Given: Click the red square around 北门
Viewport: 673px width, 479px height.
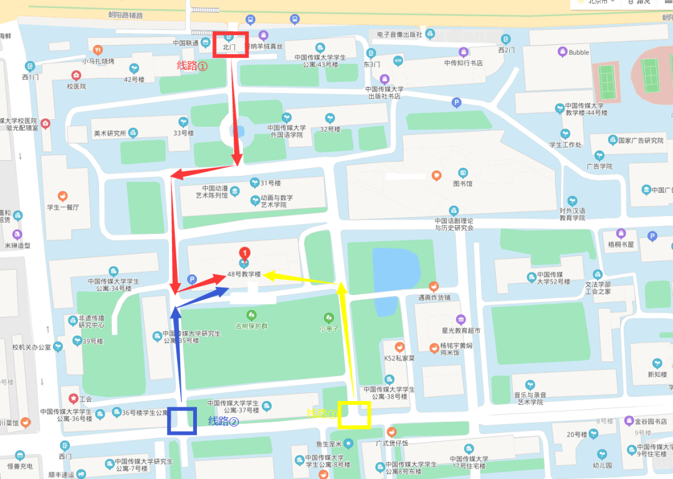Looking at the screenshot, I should (231, 44).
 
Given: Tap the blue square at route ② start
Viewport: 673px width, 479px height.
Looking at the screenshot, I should (182, 420).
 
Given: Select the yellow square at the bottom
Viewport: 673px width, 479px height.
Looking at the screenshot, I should (354, 414).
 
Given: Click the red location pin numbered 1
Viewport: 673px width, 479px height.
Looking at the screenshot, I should (245, 253).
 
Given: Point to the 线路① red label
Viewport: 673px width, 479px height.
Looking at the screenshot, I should (193, 65).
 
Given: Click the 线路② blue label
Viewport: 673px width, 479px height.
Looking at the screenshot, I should (224, 421).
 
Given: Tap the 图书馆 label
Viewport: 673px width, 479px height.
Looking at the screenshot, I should (462, 184).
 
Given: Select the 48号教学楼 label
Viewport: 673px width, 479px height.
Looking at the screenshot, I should (244, 274).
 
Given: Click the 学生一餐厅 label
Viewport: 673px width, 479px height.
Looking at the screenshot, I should (63, 207).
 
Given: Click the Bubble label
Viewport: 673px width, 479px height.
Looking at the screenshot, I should (578, 52).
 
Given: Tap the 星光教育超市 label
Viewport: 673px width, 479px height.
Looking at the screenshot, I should (461, 330).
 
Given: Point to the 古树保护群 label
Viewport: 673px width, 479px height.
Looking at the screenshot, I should (251, 326).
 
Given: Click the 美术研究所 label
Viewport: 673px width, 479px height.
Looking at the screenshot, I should (110, 133).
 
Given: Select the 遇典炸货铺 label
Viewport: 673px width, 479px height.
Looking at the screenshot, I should (434, 298).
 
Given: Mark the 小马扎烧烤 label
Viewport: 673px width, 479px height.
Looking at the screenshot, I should (98, 61).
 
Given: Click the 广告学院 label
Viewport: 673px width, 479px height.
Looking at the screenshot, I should (599, 167).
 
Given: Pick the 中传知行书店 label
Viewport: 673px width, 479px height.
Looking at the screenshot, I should (463, 63).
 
